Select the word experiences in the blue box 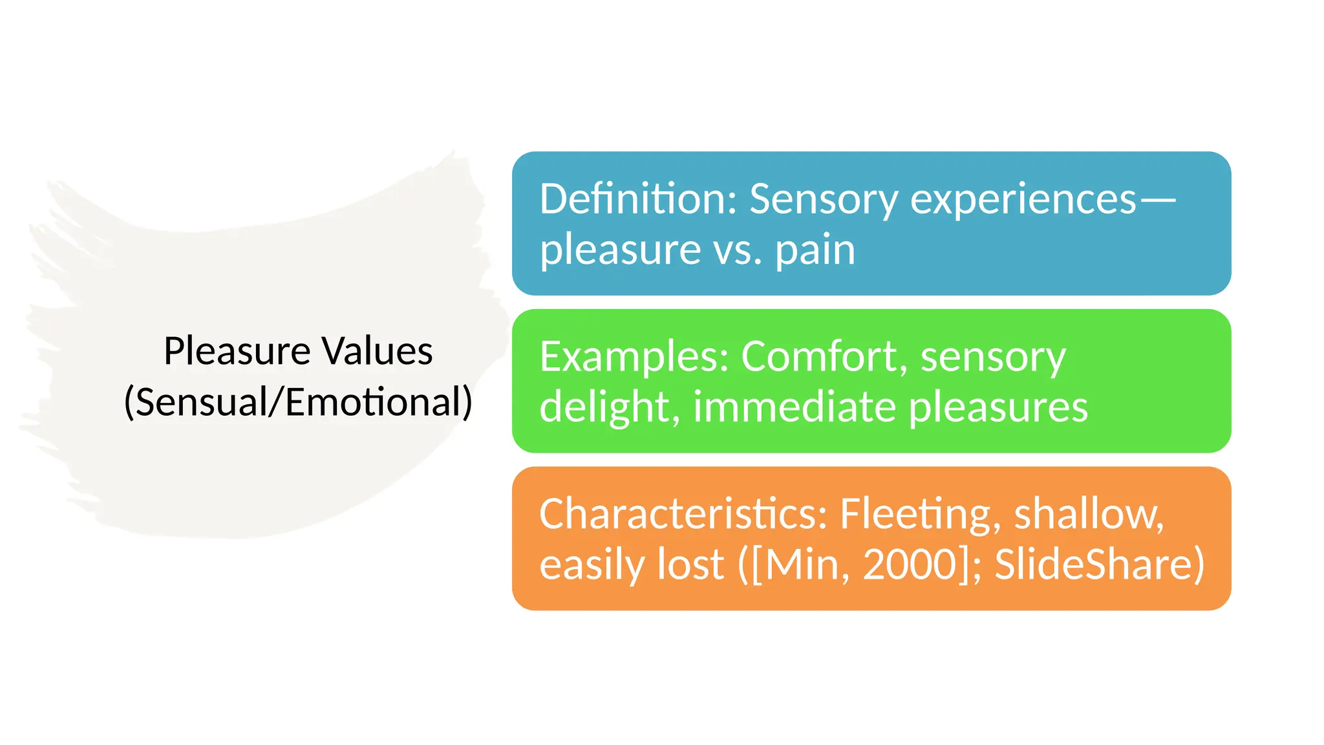1023,200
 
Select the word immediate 795,407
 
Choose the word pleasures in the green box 998,408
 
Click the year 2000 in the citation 910,565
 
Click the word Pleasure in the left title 237,351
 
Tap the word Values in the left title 378,351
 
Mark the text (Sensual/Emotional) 298,402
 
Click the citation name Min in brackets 802,565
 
